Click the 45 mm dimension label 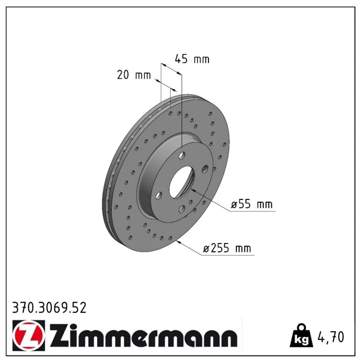click(192, 59)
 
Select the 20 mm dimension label click(134, 75)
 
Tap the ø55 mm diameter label click(252, 204)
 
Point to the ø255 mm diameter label click(227, 248)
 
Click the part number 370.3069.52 click(49, 308)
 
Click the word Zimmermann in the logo click(144, 335)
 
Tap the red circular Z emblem click(29, 335)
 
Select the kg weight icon click(301, 335)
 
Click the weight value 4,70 click(331, 337)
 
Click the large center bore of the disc click(182, 182)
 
